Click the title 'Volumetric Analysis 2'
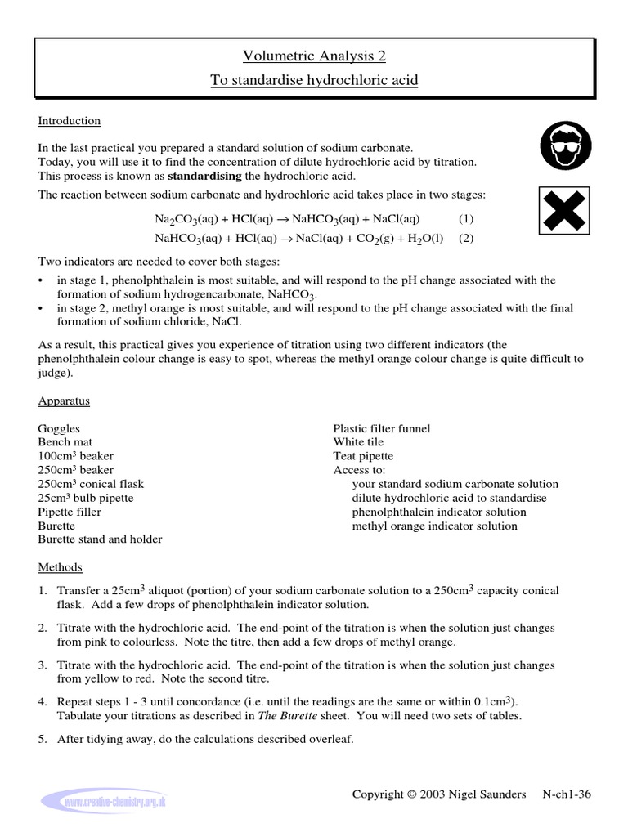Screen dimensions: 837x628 click(x=313, y=56)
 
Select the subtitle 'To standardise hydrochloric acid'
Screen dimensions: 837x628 click(x=313, y=83)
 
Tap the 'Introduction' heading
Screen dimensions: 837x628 click(x=69, y=121)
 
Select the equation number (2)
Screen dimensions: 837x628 click(x=465, y=239)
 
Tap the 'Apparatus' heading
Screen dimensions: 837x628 click(x=64, y=401)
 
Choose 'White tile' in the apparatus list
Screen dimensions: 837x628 click(x=358, y=442)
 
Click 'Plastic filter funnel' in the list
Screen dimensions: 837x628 click(x=381, y=428)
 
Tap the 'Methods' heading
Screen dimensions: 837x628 click(x=60, y=567)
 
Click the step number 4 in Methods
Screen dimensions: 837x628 click(x=42, y=702)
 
